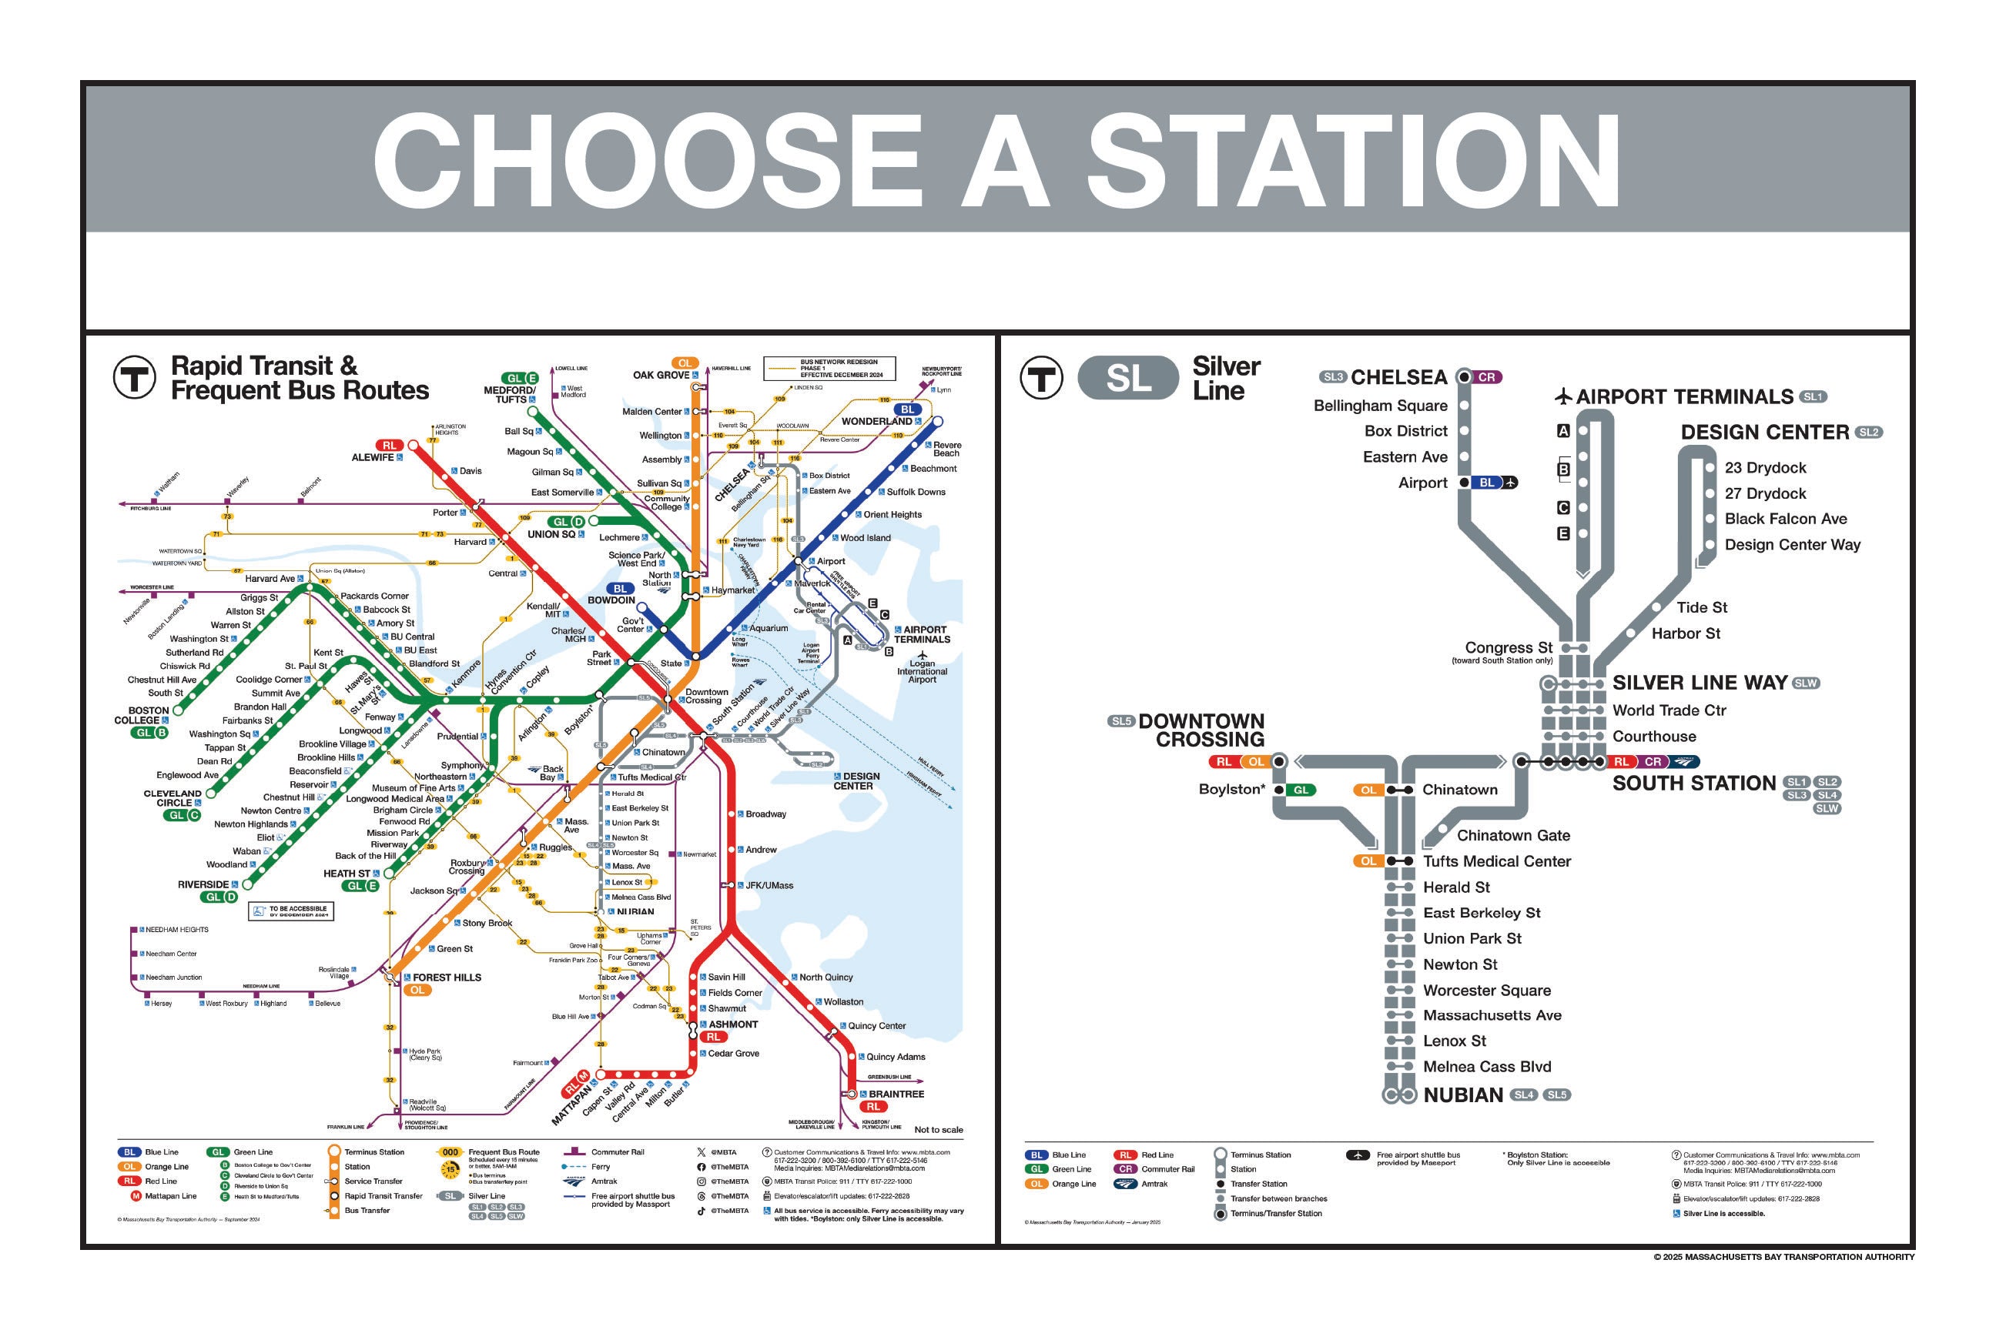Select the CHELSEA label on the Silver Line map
[1398, 377]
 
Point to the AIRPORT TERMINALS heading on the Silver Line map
[1685, 397]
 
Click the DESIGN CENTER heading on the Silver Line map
[1764, 433]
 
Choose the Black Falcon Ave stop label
[1786, 519]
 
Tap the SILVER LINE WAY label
[1700, 683]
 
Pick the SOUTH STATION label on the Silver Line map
[1694, 783]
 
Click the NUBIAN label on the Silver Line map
[1463, 1095]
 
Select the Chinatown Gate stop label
[1513, 836]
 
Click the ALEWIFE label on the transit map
[373, 457]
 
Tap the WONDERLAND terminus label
[876, 422]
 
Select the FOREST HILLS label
[447, 977]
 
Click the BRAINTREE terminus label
[896, 1094]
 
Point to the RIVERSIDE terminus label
[203, 884]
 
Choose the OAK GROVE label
[661, 375]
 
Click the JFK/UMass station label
[769, 886]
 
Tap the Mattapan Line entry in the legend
[171, 1196]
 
